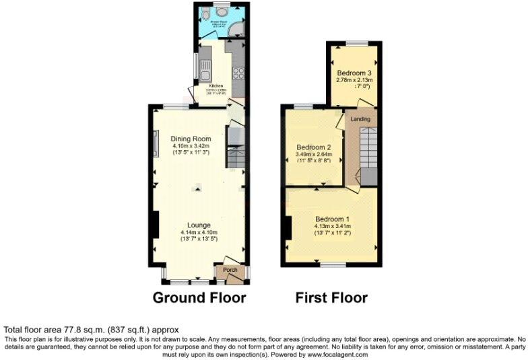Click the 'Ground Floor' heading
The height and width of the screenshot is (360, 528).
click(x=199, y=297)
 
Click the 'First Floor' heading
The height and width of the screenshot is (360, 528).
click(x=331, y=297)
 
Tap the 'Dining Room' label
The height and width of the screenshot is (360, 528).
click(x=172, y=139)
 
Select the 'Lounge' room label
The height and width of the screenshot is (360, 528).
click(x=199, y=225)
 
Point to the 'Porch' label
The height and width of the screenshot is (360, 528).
click(x=230, y=270)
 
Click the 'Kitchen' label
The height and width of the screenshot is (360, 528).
click(x=216, y=86)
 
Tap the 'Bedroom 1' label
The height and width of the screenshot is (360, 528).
click(x=333, y=219)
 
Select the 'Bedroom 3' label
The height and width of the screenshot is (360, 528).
click(x=354, y=73)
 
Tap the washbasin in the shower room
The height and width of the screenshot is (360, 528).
click(x=222, y=10)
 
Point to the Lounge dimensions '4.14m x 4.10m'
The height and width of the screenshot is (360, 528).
click(x=199, y=233)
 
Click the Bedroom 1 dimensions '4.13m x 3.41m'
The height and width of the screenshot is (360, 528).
click(x=333, y=227)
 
